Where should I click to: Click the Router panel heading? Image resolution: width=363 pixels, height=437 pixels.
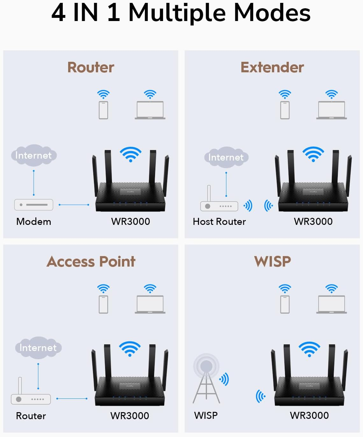[x=91, y=68]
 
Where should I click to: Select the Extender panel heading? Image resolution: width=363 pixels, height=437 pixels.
[x=272, y=68]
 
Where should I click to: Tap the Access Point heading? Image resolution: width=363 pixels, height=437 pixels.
[x=91, y=261]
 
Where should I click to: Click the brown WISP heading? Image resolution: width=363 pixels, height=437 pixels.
[x=273, y=261]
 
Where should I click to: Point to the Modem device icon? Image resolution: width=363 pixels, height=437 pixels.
[x=34, y=205]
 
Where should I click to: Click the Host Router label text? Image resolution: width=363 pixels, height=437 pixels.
[x=219, y=222]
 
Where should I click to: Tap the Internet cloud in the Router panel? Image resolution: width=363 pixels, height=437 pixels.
[x=34, y=155]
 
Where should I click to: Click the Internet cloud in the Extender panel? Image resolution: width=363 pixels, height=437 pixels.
[x=226, y=157]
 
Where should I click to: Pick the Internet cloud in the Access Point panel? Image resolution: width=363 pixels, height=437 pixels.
[x=38, y=347]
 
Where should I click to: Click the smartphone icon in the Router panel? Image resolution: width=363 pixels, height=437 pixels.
[x=103, y=110]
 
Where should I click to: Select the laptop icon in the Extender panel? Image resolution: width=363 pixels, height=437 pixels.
[x=331, y=110]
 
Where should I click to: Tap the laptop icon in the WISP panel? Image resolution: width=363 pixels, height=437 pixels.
[x=331, y=304]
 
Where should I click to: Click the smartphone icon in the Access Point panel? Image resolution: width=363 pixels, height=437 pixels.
[x=103, y=304]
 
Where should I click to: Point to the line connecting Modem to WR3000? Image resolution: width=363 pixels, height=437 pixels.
[x=74, y=205]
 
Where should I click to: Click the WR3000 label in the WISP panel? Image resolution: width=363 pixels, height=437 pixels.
[x=309, y=416]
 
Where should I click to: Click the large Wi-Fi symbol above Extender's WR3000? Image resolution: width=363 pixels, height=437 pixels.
[x=313, y=154]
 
